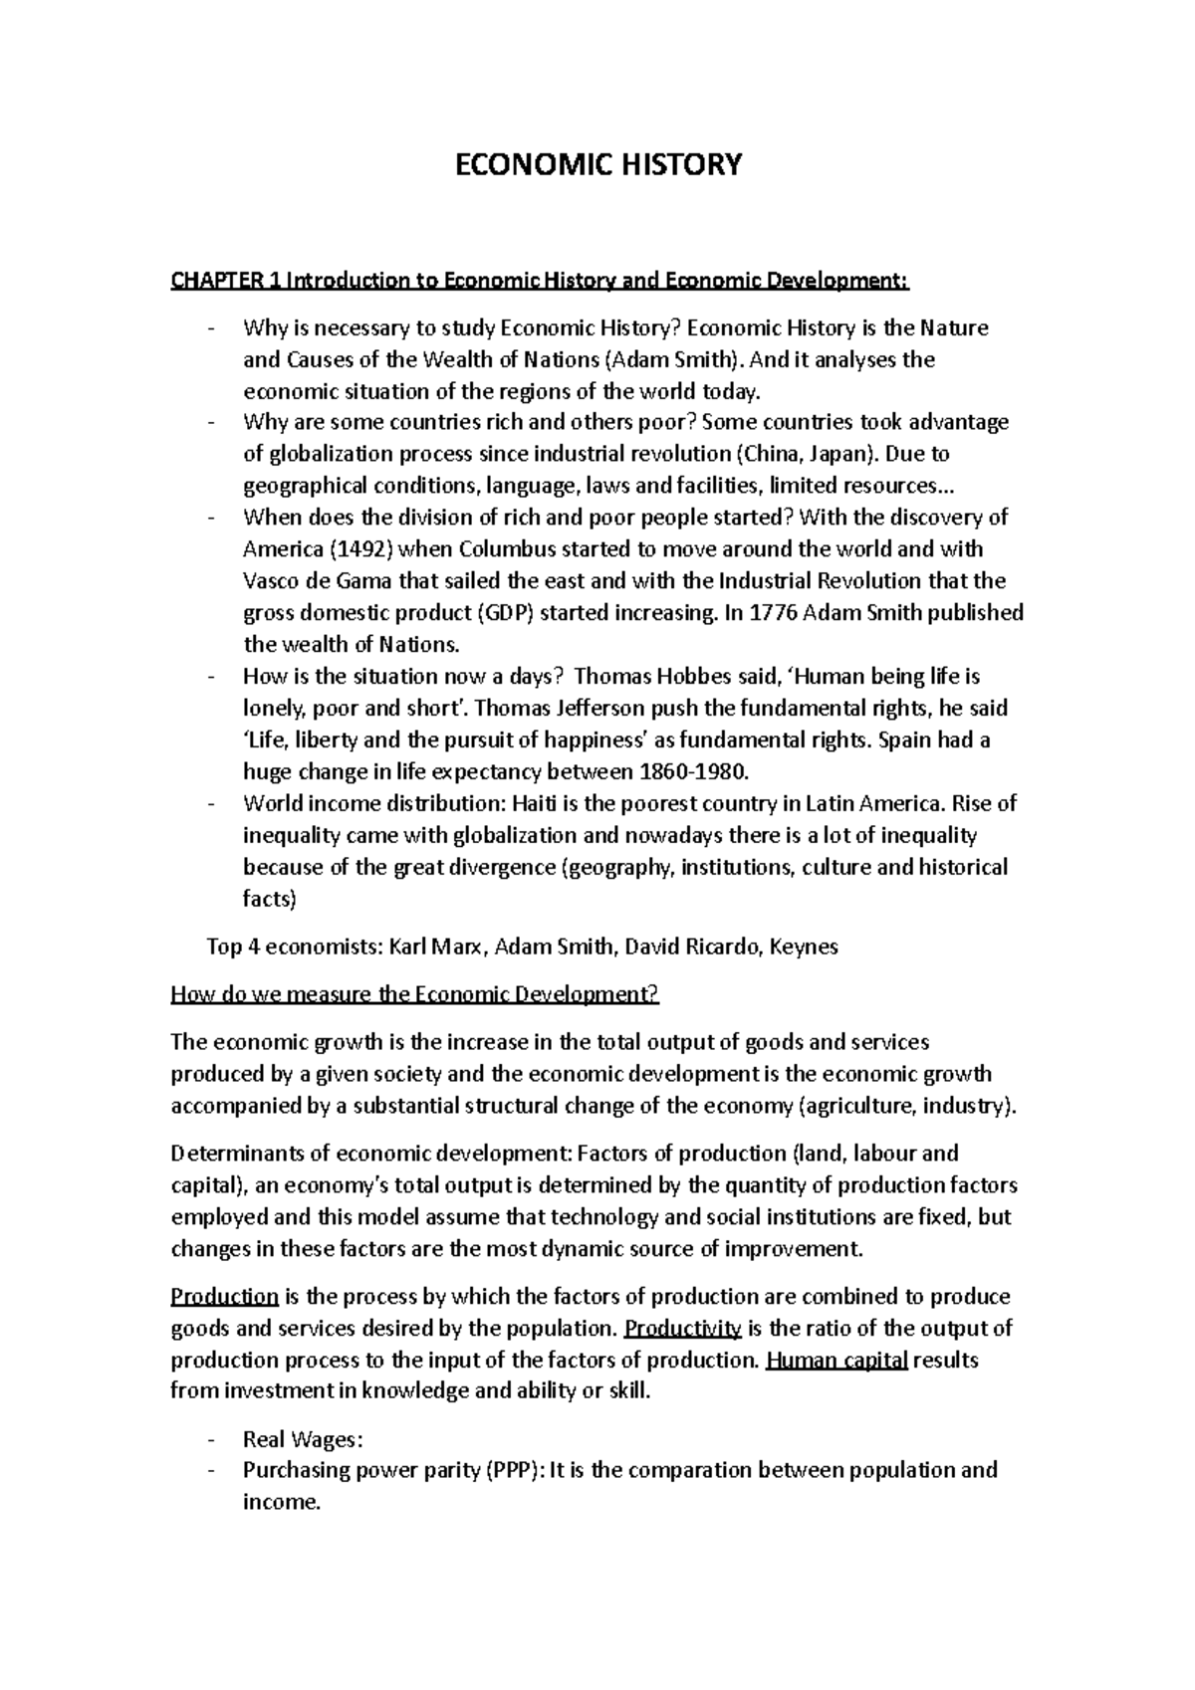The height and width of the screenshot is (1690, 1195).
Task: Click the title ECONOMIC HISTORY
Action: coord(597,164)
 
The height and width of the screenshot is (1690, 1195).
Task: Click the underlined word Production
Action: coord(225,1297)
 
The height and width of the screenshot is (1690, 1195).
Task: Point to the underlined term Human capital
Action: coord(836,1361)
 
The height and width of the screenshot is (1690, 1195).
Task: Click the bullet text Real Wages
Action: coord(297,1439)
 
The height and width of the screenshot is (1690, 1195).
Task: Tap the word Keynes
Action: coord(805,947)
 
